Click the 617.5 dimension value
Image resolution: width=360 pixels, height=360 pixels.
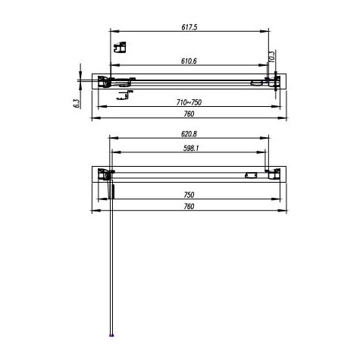(x=189, y=27)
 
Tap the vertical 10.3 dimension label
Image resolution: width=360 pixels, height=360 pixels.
(x=271, y=55)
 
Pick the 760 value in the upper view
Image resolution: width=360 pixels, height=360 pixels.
(x=189, y=114)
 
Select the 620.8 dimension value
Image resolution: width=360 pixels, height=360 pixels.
(x=189, y=133)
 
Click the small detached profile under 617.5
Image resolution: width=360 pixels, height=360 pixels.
(x=118, y=50)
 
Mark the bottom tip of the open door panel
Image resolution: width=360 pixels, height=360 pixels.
(x=112, y=333)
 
